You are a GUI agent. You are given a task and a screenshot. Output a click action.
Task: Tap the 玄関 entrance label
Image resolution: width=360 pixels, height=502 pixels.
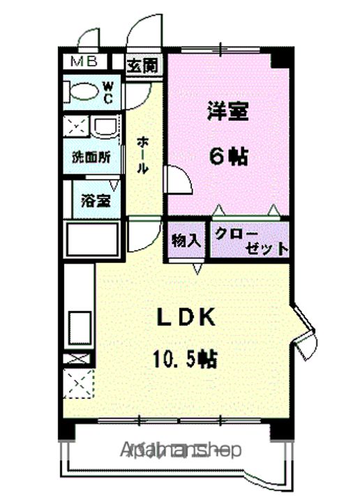pyautogui.click(x=142, y=66)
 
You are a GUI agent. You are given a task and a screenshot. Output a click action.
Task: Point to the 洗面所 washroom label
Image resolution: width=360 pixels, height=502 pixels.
pyautogui.click(x=91, y=158)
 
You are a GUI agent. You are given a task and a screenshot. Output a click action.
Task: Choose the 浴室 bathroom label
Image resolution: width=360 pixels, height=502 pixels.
pyautogui.click(x=96, y=201)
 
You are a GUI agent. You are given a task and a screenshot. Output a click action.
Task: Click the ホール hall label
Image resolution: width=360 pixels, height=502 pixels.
pyautogui.click(x=142, y=155)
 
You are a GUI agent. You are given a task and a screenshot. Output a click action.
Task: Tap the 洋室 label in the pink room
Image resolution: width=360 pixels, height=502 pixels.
pyautogui.click(x=227, y=112)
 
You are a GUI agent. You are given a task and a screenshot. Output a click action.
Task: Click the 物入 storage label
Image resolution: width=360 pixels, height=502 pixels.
pyautogui.click(x=186, y=241)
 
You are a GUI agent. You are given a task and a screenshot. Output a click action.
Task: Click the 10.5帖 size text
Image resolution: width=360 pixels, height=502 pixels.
pyautogui.click(x=185, y=359)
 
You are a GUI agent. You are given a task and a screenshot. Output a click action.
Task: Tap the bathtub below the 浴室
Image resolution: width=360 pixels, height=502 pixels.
pyautogui.click(x=91, y=241)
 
